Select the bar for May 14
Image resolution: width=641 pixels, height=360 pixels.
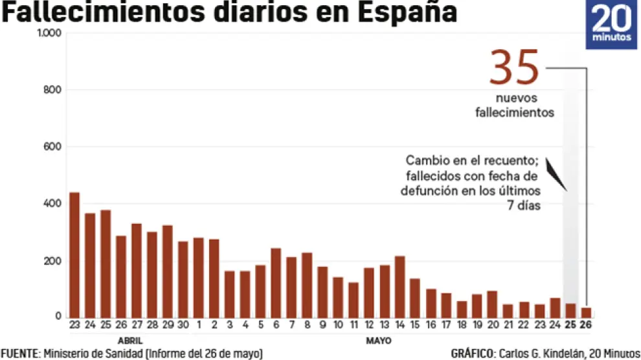[399, 286]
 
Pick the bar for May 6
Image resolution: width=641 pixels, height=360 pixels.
[275, 282]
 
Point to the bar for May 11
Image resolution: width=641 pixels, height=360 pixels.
[353, 298]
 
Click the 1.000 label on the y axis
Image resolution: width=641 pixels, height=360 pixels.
[49, 33]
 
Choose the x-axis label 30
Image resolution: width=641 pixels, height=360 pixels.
[183, 325]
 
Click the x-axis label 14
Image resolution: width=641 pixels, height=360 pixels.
[399, 325]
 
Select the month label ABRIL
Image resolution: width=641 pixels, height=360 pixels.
[129, 340]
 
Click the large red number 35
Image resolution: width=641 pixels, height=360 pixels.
[514, 68]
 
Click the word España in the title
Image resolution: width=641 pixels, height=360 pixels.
[409, 13]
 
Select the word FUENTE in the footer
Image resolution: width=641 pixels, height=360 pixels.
[20, 354]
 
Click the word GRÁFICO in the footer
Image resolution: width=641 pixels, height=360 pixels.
[472, 354]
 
